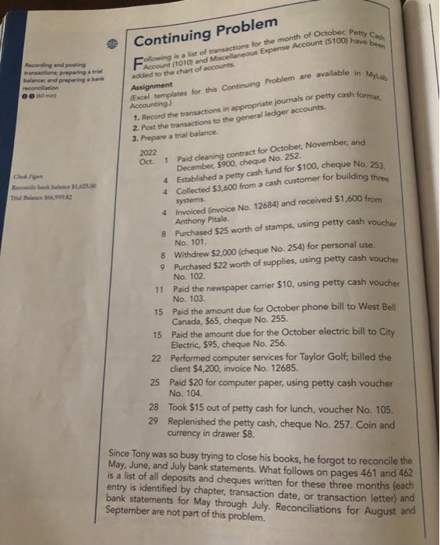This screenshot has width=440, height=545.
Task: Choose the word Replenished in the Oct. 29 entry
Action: pyautogui.click(x=206, y=421)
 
